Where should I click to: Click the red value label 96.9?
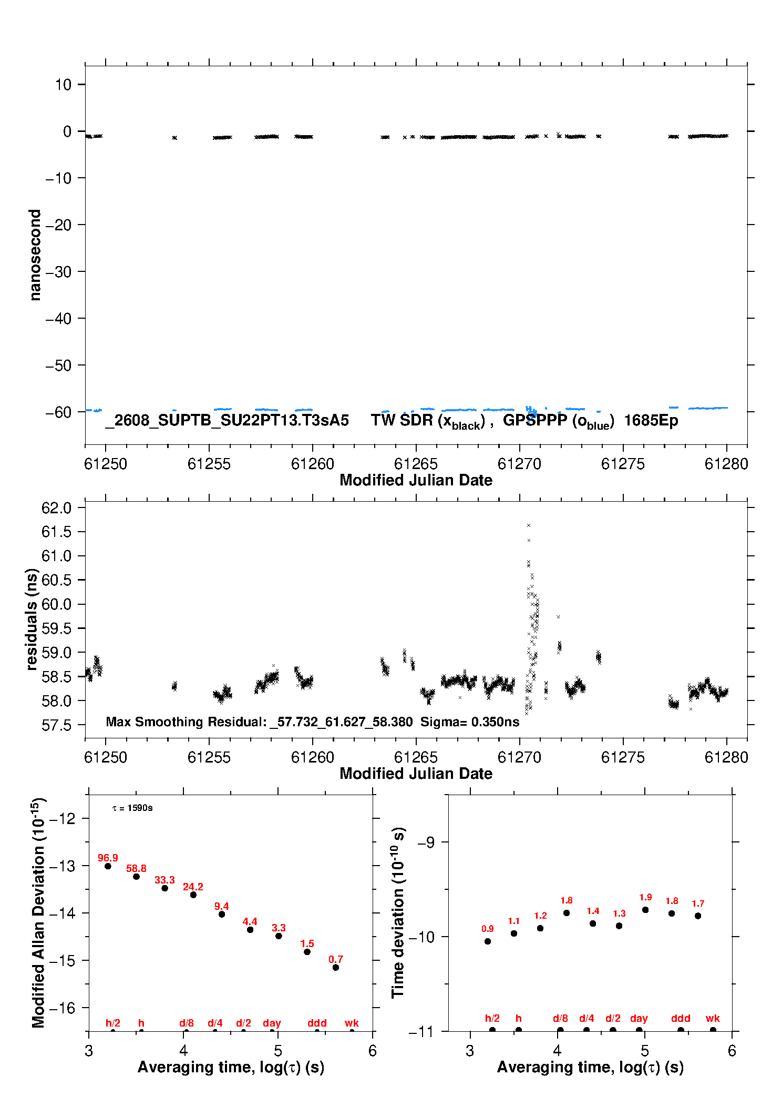pos(108,858)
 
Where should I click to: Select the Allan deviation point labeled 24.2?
pos(193,895)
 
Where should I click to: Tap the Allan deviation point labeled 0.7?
pos(336,967)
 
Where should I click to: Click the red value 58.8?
pos(136,868)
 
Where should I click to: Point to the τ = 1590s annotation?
pos(132,808)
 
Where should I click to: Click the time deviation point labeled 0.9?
pos(488,941)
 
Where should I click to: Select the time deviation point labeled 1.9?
pos(645,910)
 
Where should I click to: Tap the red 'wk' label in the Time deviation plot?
pos(713,1018)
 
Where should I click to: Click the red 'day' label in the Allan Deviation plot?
pos(272,1023)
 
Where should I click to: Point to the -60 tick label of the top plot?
pos(58,412)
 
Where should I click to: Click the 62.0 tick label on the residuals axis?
pos(56,508)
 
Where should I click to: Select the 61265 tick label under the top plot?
pos(416,464)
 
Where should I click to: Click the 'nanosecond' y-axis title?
pos(35,255)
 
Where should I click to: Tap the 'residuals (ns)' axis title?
pos(32,619)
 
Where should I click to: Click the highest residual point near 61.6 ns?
pos(529,525)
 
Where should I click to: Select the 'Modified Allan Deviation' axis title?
pos(38,913)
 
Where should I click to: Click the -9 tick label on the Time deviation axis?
pos(426,842)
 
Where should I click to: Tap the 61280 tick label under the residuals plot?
pos(726,757)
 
